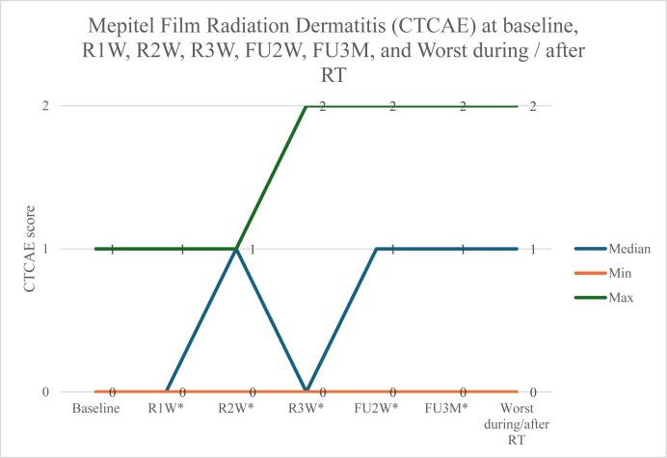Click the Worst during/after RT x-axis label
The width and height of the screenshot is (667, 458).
[515, 423]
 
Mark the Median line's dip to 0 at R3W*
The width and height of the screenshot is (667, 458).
[306, 391]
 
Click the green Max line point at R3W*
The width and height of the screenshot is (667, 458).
[306, 106]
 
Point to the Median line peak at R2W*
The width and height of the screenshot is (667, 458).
[236, 249]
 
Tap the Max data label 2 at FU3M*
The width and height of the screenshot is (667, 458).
[463, 106]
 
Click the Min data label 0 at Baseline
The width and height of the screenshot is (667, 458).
[113, 392]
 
